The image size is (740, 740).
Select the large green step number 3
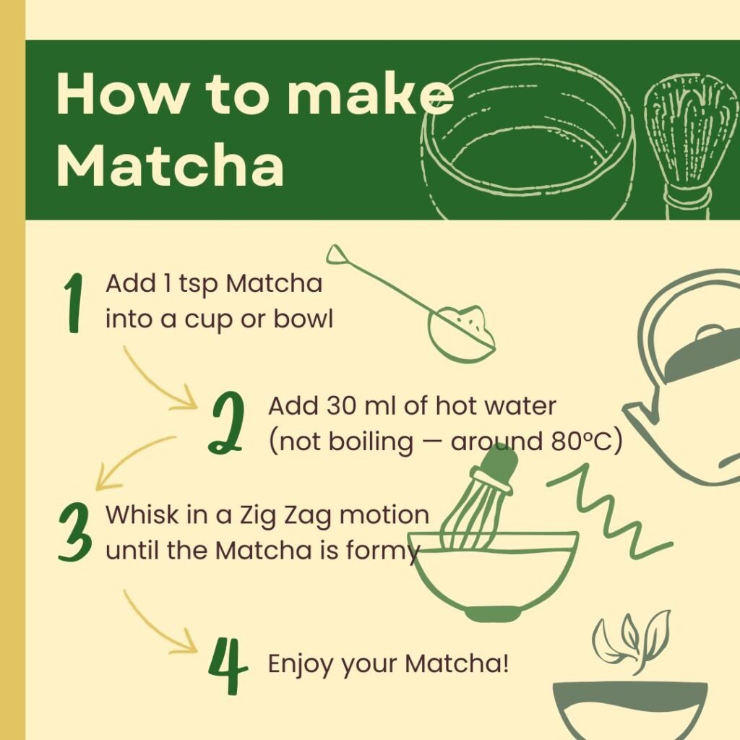point(74,533)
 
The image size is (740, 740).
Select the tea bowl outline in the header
point(528,141)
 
